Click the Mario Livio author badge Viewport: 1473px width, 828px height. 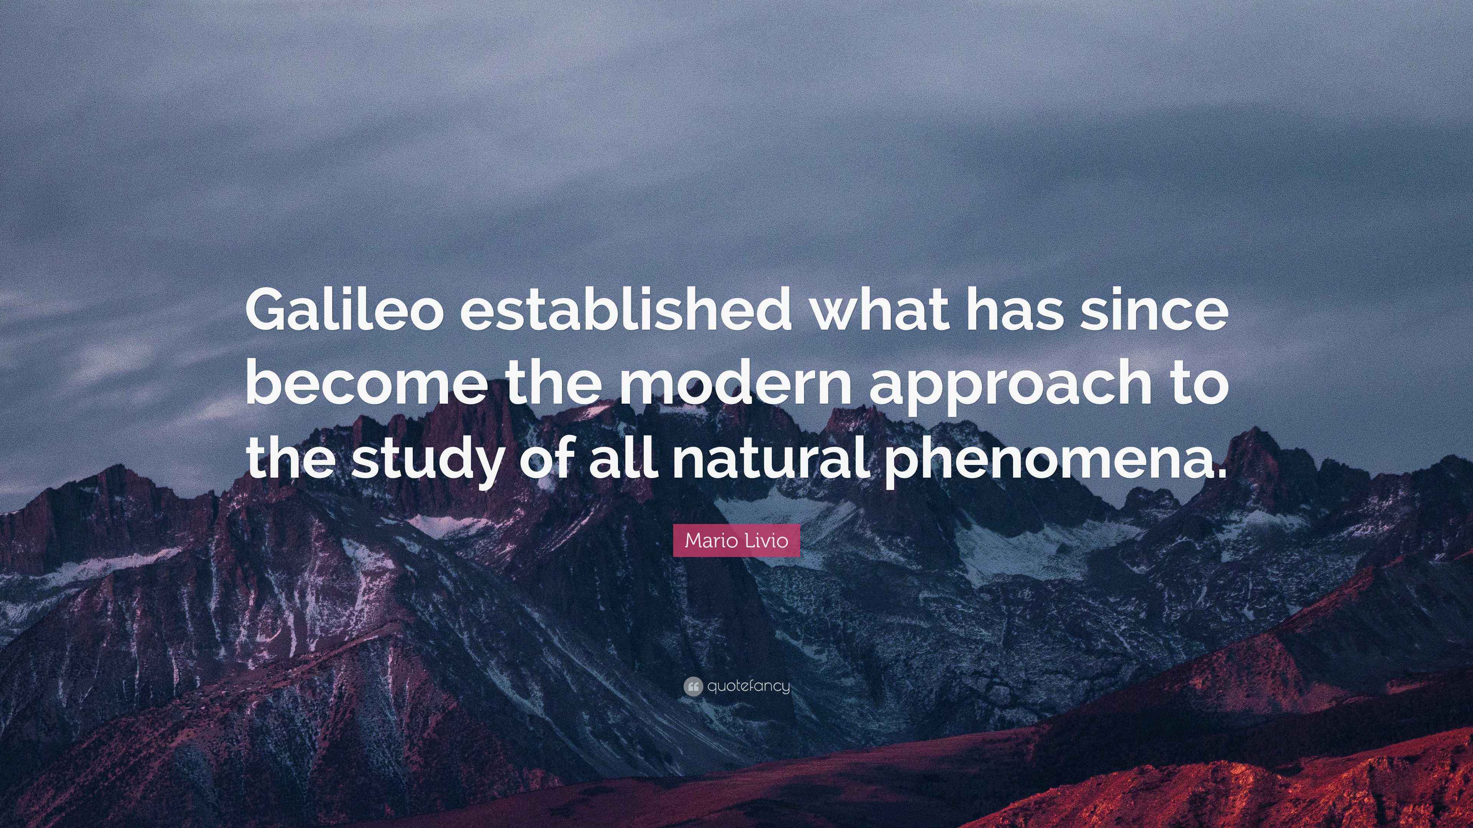pos(736,540)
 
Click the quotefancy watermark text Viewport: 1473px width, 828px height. pos(748,686)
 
